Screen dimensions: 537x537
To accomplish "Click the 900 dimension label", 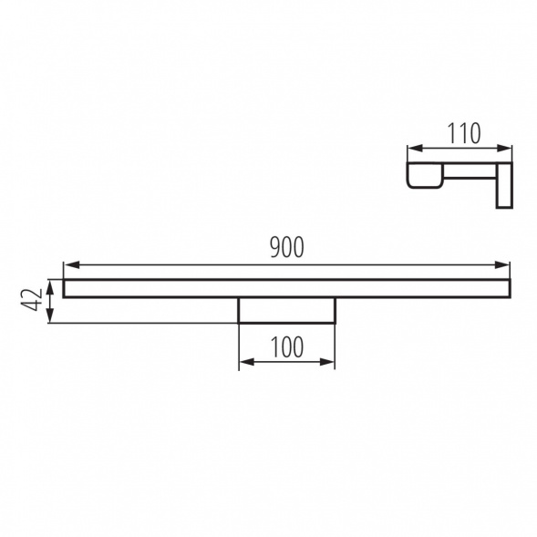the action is [x=286, y=247].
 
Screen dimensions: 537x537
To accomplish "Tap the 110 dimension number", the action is [x=464, y=133].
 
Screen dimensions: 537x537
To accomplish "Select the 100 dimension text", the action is [x=287, y=346].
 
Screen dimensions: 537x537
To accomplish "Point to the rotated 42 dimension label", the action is [x=32, y=300].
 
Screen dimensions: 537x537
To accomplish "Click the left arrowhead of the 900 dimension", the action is [x=72, y=264].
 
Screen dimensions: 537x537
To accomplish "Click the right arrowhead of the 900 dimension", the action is [x=502, y=264].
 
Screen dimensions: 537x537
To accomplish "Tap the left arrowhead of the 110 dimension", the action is [x=416, y=148].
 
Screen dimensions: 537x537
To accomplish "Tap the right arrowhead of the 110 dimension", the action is [x=504, y=148].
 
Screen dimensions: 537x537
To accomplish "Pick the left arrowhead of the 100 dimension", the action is [x=247, y=362].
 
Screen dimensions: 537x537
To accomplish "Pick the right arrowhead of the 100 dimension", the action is [x=326, y=362].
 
